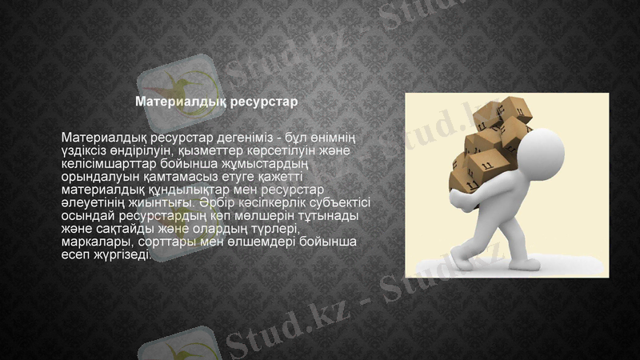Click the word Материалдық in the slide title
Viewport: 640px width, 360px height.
pos(181,102)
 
